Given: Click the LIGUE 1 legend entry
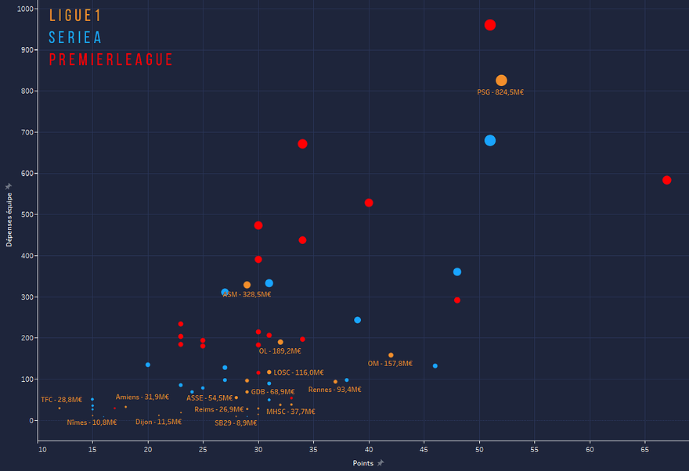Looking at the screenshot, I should (x=75, y=16).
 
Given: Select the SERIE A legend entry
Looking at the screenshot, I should (x=75, y=38).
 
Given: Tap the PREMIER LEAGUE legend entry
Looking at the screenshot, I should (x=110, y=60).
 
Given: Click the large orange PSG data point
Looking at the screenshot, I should (x=501, y=81).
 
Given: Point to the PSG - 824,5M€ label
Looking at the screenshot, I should (x=500, y=92).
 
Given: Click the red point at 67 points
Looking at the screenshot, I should (x=667, y=180).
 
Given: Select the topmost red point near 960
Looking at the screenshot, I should (x=490, y=25).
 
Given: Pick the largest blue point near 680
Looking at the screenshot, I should (x=490, y=141).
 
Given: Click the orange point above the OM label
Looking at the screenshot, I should (x=391, y=355).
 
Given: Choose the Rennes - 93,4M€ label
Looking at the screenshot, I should (x=334, y=390).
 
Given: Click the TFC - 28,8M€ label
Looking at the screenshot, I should (x=61, y=400).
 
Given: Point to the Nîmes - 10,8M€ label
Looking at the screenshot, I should (x=92, y=422).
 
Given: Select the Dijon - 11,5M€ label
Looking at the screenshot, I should (x=158, y=422).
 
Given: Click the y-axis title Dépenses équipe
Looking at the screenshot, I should (x=10, y=216).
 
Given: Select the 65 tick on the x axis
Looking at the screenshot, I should (x=645, y=450).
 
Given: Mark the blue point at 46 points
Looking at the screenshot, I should (x=435, y=366).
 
